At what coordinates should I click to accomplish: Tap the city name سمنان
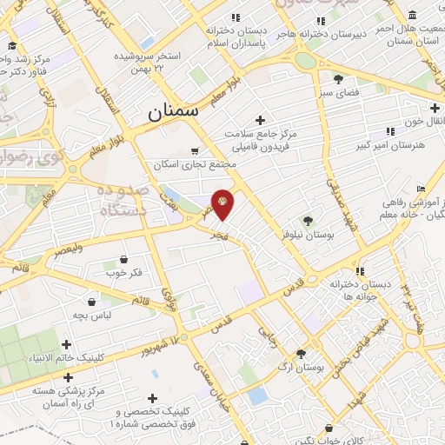(x=172, y=111)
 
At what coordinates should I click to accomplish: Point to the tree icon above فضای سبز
(x=338, y=79)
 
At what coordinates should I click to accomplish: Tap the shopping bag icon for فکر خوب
(x=124, y=259)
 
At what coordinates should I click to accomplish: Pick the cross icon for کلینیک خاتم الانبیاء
(x=67, y=344)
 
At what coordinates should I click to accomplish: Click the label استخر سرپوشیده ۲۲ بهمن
(x=149, y=63)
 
